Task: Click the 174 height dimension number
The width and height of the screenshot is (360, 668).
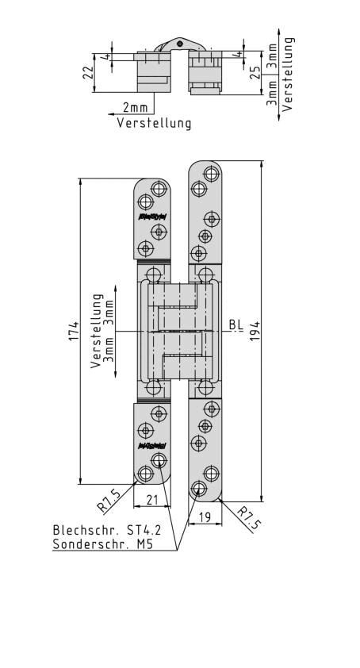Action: coord(74,332)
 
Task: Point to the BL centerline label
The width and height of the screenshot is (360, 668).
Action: coord(236,324)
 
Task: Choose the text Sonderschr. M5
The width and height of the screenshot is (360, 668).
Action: coord(102,544)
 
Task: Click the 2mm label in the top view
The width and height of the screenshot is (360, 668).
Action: coord(135,107)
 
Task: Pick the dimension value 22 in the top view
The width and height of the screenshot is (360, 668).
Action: coord(89,71)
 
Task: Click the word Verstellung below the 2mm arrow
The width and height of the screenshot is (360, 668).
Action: coord(155,123)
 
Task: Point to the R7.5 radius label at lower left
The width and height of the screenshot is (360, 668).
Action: coord(109,500)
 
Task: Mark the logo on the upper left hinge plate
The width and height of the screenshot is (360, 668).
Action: coord(151,216)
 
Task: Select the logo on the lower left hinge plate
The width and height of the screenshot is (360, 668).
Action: coord(151,446)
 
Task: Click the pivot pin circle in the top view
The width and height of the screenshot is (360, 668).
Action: coord(180,43)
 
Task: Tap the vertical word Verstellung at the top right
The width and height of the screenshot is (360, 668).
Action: coord(289,73)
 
